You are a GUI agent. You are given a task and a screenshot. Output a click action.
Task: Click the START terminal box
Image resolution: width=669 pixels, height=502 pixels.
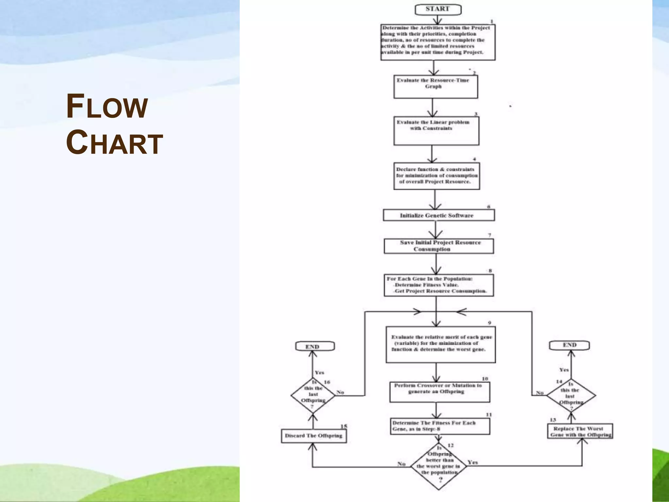(x=438, y=9)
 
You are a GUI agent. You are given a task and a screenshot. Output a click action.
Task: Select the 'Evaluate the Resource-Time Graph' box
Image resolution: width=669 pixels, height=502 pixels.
(x=435, y=87)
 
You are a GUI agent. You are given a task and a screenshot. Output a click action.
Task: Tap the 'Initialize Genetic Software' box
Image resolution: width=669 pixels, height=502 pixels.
(x=438, y=215)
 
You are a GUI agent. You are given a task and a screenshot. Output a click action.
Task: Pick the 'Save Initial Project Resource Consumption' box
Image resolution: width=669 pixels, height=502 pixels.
(x=439, y=246)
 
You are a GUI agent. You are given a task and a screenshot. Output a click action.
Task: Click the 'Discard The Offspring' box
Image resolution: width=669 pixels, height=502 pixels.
(x=314, y=436)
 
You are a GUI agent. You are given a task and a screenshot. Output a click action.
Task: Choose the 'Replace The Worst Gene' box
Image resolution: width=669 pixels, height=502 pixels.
(x=580, y=431)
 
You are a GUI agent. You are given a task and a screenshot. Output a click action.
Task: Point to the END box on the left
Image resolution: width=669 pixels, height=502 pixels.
(x=315, y=346)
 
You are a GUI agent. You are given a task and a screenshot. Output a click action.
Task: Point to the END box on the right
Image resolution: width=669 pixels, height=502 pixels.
(x=569, y=345)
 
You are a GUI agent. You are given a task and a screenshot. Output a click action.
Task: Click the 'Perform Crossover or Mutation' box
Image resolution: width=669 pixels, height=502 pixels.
(x=440, y=392)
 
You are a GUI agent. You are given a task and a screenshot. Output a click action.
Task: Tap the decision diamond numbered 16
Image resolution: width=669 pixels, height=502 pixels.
(x=313, y=395)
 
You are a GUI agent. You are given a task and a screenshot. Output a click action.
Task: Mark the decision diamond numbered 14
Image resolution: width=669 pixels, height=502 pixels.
(x=571, y=395)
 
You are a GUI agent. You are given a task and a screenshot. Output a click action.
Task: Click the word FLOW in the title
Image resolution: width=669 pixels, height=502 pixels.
(x=107, y=107)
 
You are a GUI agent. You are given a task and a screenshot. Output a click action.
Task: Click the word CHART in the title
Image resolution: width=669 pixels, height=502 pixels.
(x=114, y=142)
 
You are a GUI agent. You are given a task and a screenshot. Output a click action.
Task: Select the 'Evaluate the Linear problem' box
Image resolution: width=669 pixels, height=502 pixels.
(x=436, y=131)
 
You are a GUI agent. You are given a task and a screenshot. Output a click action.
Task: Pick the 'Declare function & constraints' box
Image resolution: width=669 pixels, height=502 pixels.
(x=436, y=176)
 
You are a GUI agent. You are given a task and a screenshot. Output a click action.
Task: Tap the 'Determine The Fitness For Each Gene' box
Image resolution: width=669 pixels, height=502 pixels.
(x=440, y=426)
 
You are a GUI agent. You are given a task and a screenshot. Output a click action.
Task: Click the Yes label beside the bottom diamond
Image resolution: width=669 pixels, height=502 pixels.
(x=472, y=462)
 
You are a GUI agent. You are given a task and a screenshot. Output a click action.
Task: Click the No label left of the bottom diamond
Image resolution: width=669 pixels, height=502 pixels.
(x=401, y=464)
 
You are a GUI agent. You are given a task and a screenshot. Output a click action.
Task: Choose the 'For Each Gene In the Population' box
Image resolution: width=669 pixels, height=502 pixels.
(x=438, y=285)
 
